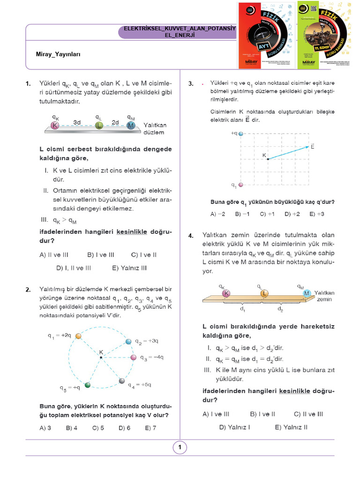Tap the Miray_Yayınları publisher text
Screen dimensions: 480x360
[58, 54]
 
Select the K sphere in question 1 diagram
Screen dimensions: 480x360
[56, 126]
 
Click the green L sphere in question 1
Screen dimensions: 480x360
[99, 126]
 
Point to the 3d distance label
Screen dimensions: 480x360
[77, 122]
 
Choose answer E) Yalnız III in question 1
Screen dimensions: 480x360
[129, 268]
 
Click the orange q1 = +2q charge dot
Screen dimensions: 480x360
[79, 336]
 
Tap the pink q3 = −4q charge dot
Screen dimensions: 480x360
[133, 357]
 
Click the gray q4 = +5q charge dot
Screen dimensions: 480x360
[122, 381]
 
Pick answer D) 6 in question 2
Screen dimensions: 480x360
[124, 427]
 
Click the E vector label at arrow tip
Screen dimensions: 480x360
[312, 147]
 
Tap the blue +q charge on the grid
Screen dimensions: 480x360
[241, 134]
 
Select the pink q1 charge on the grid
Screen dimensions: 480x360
[241, 185]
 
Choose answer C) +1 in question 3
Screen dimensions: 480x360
[267, 214]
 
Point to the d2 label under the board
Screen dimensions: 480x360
[280, 309]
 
